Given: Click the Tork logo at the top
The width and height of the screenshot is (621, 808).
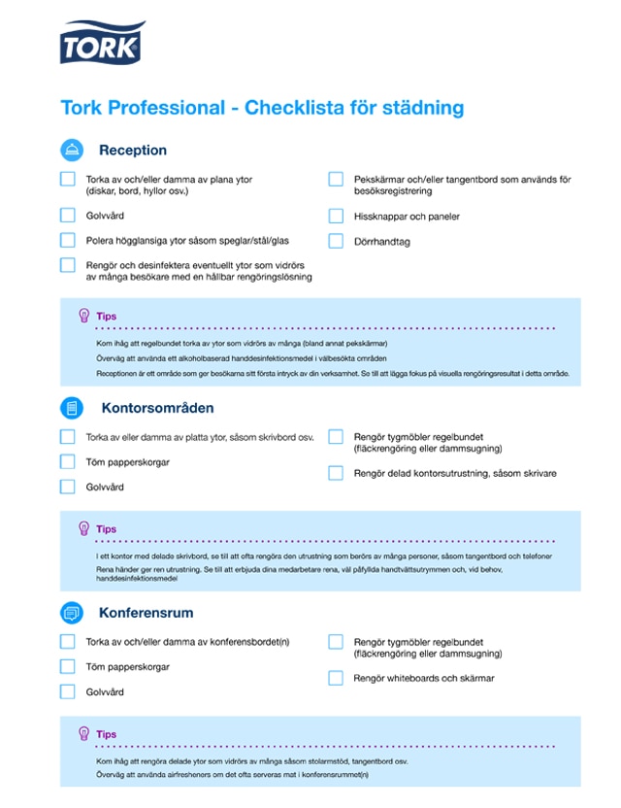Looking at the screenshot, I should pyautogui.click(x=102, y=43).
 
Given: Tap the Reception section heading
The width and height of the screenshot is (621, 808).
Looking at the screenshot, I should pyautogui.click(x=133, y=151).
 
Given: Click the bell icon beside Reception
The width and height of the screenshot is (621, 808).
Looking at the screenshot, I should pyautogui.click(x=72, y=151).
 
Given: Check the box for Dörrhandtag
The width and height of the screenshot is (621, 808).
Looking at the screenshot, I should pyautogui.click(x=336, y=241).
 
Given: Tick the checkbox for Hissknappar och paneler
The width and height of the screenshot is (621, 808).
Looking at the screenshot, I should pyautogui.click(x=336, y=217).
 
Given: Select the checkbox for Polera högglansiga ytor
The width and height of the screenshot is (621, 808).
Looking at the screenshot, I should pyautogui.click(x=67, y=240).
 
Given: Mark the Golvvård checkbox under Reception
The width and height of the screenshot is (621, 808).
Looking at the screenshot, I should pyautogui.click(x=67, y=216).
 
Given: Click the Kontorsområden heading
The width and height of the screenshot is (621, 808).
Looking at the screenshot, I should pyautogui.click(x=157, y=408).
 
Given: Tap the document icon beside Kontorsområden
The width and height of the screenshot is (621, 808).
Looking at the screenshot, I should pyautogui.click(x=72, y=408).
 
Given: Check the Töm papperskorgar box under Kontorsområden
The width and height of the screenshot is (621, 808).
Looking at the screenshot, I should pyautogui.click(x=67, y=462).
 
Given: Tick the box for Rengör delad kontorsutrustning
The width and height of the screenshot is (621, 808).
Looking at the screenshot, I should pyautogui.click(x=336, y=473).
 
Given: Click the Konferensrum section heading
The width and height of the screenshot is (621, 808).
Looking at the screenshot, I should pyautogui.click(x=146, y=613).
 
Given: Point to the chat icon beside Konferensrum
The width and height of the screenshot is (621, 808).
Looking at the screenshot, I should pyautogui.click(x=72, y=613).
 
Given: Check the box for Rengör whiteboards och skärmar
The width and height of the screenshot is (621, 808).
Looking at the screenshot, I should pyautogui.click(x=336, y=678).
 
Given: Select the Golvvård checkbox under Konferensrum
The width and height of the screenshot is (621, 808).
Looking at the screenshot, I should pyautogui.click(x=67, y=691).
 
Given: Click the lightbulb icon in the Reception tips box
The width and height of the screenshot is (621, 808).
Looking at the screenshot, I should pyautogui.click(x=83, y=316).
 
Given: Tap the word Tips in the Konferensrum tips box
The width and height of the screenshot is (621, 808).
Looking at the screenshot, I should pyautogui.click(x=106, y=735).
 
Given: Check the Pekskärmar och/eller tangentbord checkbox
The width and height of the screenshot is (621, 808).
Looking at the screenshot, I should pyautogui.click(x=336, y=180).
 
